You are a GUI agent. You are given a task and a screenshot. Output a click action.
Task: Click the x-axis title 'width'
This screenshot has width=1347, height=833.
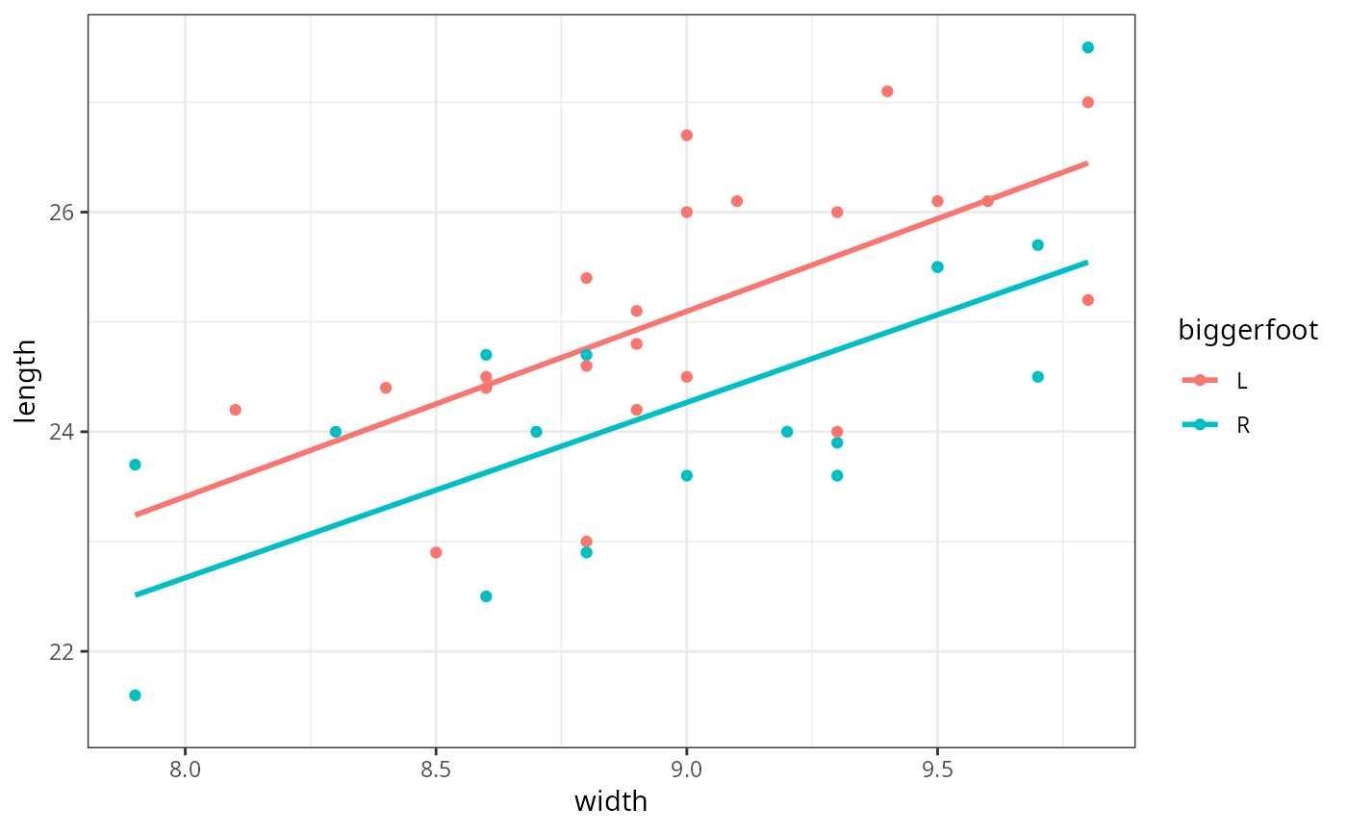pyautogui.click(x=610, y=801)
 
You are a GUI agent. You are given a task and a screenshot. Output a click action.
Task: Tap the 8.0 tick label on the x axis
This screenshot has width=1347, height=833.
pyautogui.click(x=185, y=770)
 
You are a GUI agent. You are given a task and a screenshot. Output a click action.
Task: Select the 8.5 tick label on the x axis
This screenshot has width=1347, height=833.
pyautogui.click(x=436, y=770)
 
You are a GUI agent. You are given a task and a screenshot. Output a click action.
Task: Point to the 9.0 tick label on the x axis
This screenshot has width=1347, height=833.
pyautogui.click(x=686, y=770)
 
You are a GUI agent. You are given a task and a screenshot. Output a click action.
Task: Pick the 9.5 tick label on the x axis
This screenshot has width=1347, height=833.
pyautogui.click(x=937, y=770)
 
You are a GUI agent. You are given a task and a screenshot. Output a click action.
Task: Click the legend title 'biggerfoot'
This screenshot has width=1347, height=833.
pyautogui.click(x=1248, y=331)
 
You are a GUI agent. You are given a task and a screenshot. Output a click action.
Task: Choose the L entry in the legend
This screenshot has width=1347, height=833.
pyautogui.click(x=1242, y=381)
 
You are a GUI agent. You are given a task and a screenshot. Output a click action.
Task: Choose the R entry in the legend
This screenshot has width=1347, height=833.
pyautogui.click(x=1242, y=425)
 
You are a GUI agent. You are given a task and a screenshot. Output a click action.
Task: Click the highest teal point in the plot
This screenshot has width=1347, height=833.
pyautogui.click(x=1087, y=47)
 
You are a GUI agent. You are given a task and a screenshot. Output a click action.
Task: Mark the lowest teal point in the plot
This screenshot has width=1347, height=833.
pyautogui.click(x=135, y=695)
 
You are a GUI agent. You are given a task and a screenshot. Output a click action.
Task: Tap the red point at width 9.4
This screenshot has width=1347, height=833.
pyautogui.click(x=887, y=91)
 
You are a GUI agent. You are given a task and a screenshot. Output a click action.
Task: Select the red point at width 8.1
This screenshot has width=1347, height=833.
pyautogui.click(x=235, y=410)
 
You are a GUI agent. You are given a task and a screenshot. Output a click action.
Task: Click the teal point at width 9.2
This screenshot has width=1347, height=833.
pyautogui.click(x=787, y=432)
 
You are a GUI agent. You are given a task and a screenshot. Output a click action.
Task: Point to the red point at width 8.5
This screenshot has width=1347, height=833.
pyautogui.click(x=436, y=552)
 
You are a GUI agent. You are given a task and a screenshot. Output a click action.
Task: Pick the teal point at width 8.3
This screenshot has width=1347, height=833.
pyautogui.click(x=336, y=432)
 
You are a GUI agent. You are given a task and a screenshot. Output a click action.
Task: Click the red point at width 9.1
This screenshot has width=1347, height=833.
pyautogui.click(x=737, y=201)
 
